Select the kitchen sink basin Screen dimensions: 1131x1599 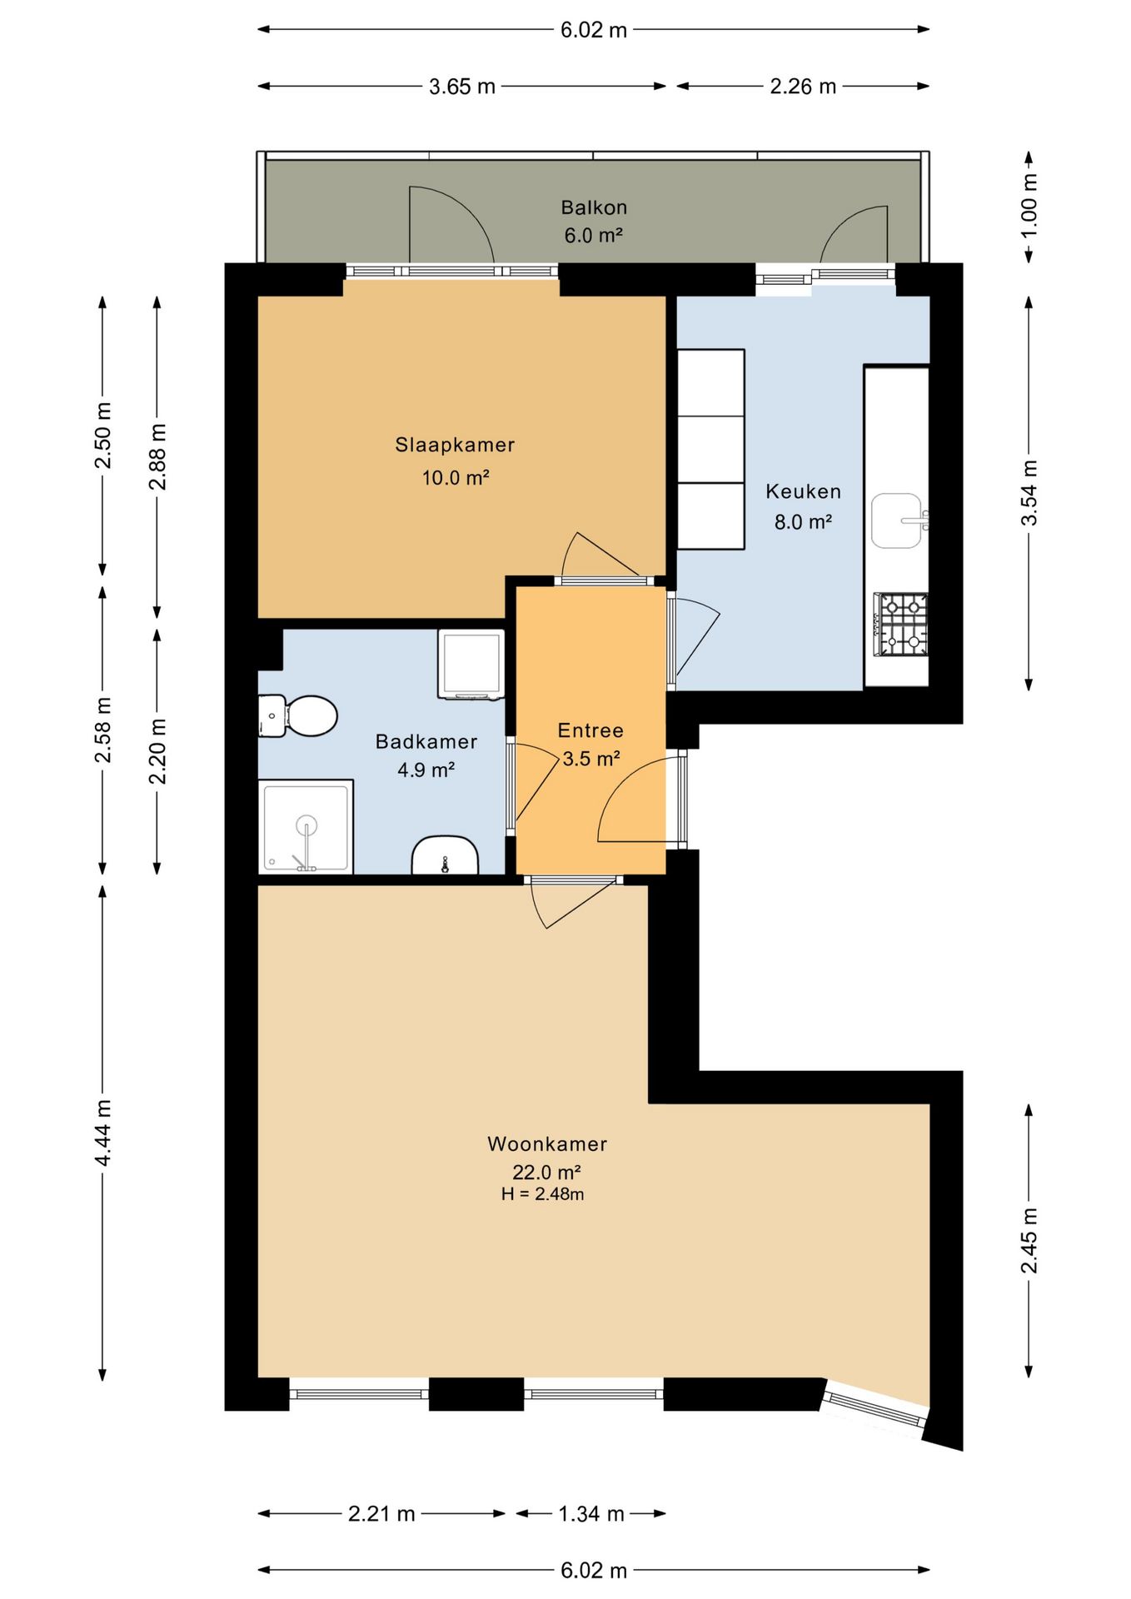[x=898, y=521]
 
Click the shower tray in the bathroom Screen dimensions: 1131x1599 [x=306, y=827]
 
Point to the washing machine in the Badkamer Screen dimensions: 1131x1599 [x=471, y=664]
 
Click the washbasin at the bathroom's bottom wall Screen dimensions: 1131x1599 [x=446, y=855]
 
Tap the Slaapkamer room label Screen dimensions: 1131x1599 [x=455, y=445]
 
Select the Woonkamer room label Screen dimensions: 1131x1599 [x=547, y=1143]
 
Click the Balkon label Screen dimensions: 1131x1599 [x=594, y=207]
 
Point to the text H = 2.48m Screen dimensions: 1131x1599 [x=543, y=1194]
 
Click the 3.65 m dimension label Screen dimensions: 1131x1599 [x=462, y=87]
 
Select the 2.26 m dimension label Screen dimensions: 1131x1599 [x=803, y=87]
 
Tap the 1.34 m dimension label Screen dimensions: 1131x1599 [x=591, y=1514]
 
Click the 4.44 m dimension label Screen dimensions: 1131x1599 [x=102, y=1132]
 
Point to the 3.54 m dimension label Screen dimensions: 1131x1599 [x=1029, y=493]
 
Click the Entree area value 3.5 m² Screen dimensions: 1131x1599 [x=591, y=759]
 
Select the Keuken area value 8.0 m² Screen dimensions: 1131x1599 [x=804, y=522]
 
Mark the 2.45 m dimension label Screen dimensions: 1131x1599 [x=1029, y=1240]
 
